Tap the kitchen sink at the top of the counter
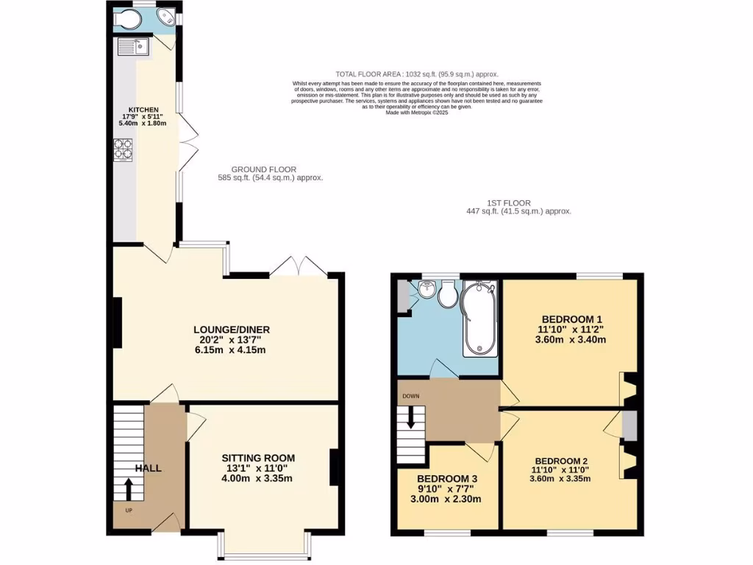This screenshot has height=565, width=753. click(133, 47)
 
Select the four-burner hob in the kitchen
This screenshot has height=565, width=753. click(121, 149)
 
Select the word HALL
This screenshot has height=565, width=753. click(148, 468)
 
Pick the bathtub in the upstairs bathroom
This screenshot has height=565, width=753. click(479, 321)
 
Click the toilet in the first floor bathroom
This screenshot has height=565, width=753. click(447, 295)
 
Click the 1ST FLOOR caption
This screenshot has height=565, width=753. click(508, 203)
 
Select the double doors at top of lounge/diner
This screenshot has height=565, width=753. click(297, 266)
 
